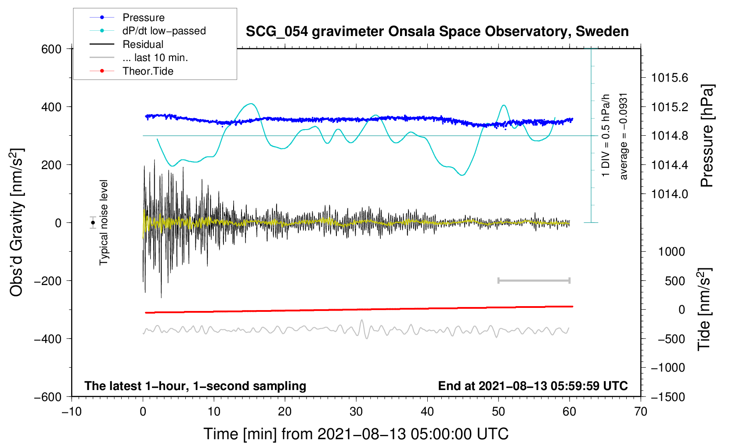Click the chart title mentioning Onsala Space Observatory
(x=437, y=32)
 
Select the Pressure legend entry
(x=127, y=17)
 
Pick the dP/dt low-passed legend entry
(x=148, y=31)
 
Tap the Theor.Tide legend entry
(x=131, y=71)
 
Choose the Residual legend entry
(x=126, y=44)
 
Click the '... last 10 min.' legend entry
(x=139, y=58)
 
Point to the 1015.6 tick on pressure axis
(x=670, y=78)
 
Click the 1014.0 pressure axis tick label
(x=670, y=194)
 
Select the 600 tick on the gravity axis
(x=51, y=49)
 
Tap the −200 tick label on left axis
(x=48, y=281)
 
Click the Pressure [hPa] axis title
(x=707, y=136)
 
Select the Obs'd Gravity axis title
(x=17, y=222)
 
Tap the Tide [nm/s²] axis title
(x=704, y=309)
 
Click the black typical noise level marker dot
(x=93, y=223)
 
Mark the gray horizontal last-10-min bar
(x=534, y=280)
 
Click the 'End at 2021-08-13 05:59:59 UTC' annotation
(x=533, y=386)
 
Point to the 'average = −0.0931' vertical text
(x=623, y=137)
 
